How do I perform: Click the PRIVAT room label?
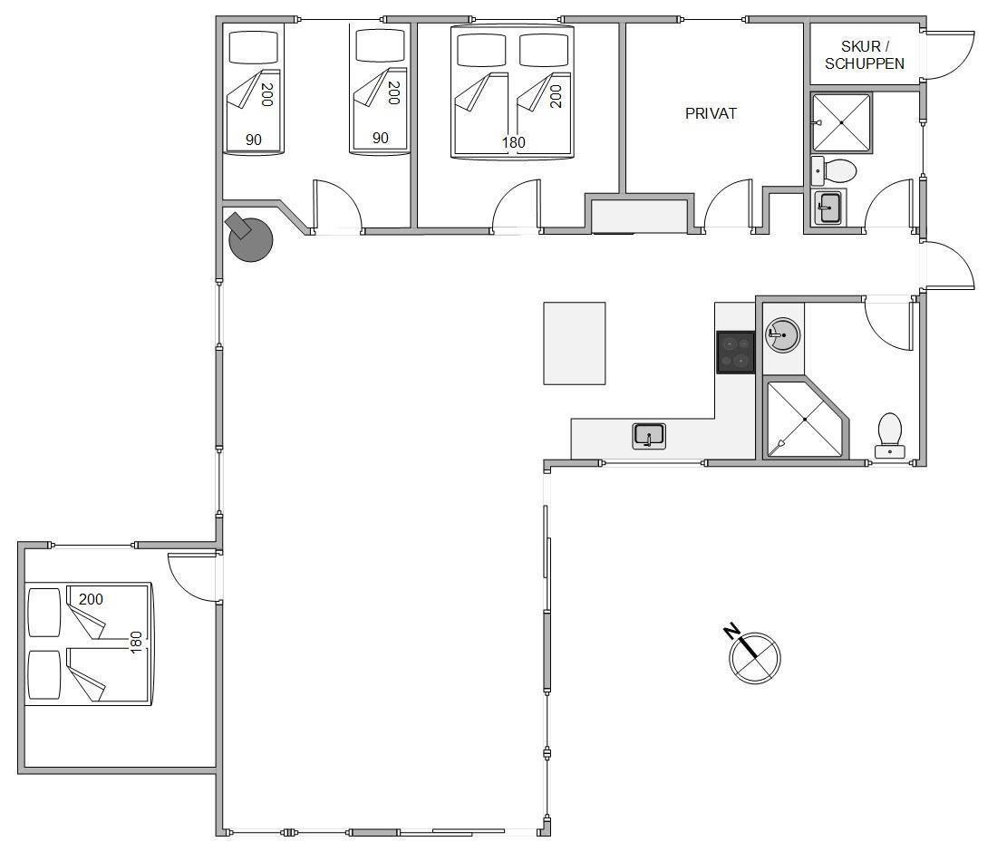pos(711,114)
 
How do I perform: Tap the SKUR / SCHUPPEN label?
pos(864,55)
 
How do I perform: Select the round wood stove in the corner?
pos(250,237)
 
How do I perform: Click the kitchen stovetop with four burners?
pos(736,352)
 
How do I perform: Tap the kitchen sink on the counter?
pos(649,436)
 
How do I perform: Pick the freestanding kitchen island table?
pos(574,343)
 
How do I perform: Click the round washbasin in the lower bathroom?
pos(783,334)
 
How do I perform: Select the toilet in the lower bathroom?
pos(889,436)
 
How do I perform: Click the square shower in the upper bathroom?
pos(841,122)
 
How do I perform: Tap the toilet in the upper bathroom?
pos(834,170)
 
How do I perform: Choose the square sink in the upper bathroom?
pos(828,208)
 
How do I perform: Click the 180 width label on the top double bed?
pos(513,142)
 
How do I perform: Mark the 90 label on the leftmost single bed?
pos(253,140)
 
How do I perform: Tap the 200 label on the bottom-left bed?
pos(91,599)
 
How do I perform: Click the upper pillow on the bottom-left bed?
pos(44,613)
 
